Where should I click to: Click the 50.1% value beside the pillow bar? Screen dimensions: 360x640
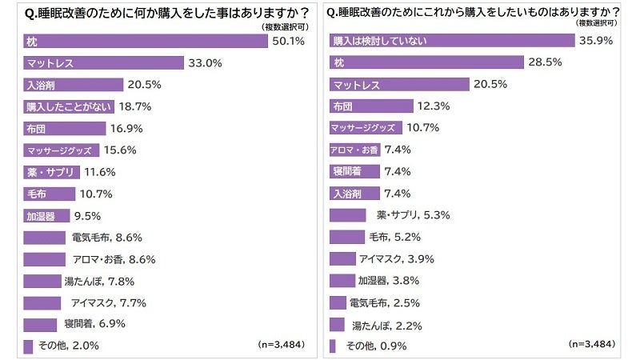pos(288,40)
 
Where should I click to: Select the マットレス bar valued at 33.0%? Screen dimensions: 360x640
pos(104,62)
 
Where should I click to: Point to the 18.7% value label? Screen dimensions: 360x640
pos(135,106)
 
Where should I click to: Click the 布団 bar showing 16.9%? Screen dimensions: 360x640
pos(65,128)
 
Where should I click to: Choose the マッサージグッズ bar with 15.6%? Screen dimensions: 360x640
pos(62,150)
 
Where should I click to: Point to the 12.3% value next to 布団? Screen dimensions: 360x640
pos(433,106)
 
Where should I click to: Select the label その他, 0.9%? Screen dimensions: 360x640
pos(376,346)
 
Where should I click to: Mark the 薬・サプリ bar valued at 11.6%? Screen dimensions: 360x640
pos(51,171)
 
